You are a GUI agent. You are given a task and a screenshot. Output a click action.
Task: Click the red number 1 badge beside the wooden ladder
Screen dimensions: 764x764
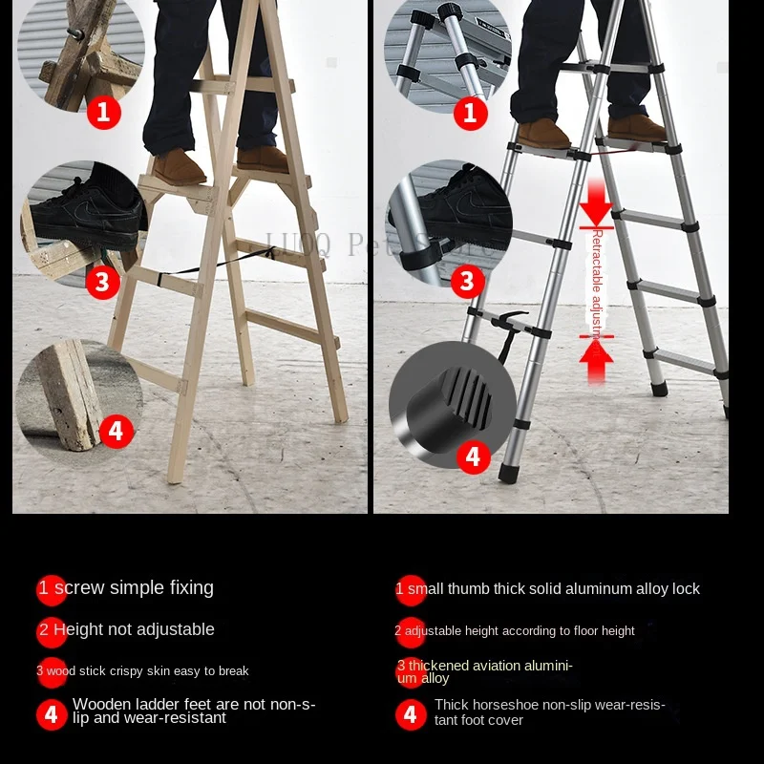click(104, 113)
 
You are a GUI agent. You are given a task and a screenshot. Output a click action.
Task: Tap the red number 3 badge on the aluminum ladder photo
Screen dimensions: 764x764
click(467, 281)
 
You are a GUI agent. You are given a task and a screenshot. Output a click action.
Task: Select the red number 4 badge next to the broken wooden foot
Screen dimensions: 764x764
click(116, 431)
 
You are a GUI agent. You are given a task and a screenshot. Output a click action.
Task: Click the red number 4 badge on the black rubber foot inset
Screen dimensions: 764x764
click(473, 456)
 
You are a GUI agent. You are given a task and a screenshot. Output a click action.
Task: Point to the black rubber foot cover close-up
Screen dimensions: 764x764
click(449, 401)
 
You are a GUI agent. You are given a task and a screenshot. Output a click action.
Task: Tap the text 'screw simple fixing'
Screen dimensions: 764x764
click(134, 588)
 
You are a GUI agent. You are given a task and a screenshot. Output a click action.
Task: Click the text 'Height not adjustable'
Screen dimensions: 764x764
click(134, 629)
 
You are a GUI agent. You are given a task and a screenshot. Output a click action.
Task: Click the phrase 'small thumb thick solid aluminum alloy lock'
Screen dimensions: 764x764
click(554, 589)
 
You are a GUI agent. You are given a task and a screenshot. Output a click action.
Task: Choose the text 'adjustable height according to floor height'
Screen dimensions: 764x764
click(520, 631)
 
